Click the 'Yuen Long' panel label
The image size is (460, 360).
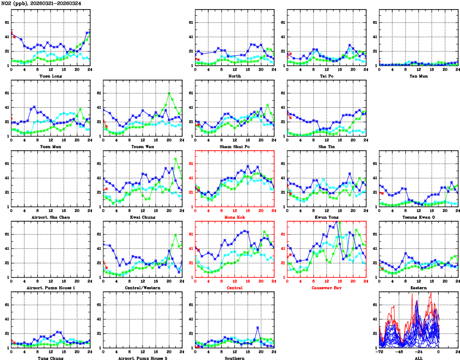pos(51,76)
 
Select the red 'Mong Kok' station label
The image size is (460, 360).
pos(235,217)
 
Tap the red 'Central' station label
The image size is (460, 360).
pos(235,288)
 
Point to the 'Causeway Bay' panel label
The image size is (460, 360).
pos(327,288)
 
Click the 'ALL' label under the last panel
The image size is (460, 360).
pos(418,358)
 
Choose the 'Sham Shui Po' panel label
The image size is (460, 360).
pos(235,146)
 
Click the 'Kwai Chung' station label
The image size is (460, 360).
pos(143,217)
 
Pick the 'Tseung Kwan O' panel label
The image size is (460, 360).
pos(418,217)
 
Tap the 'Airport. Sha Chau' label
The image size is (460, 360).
pos(51,217)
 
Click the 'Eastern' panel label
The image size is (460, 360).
pos(418,288)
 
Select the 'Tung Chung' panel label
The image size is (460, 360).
pos(51,358)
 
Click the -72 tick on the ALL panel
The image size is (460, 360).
pos(379,352)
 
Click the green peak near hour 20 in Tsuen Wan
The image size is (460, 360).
pos(169,93)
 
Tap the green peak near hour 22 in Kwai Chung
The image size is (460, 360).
pos(176,158)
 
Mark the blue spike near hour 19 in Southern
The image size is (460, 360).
pos(258,327)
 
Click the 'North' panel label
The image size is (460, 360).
pos(235,76)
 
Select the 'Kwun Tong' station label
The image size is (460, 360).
pos(327,217)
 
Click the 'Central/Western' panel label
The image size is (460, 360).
pos(143,288)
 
